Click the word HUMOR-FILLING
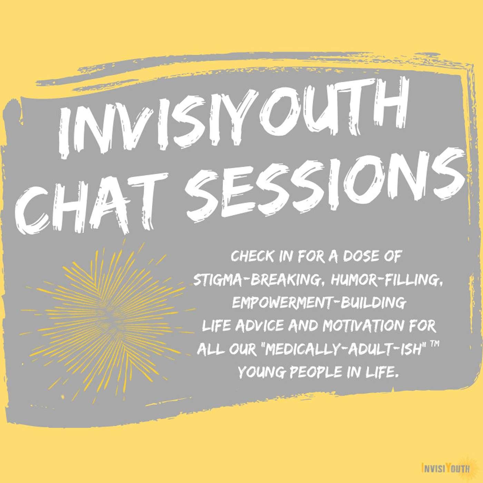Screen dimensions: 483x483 pos(388,281)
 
